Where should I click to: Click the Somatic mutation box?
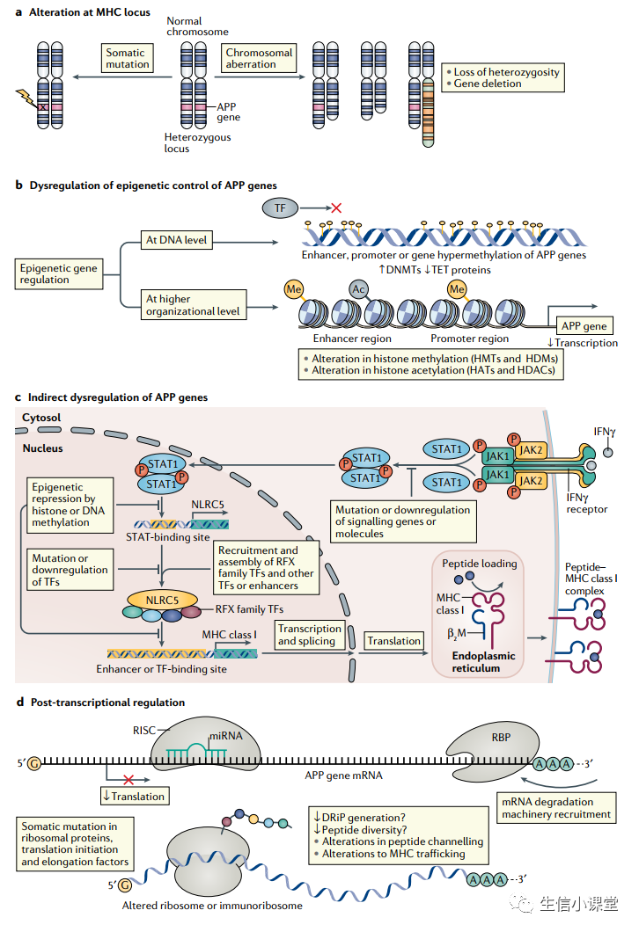pyautogui.click(x=126, y=59)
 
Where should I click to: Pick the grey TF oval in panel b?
pyautogui.click(x=280, y=208)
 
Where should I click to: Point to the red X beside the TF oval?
pyautogui.click(x=334, y=208)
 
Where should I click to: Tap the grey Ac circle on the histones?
pyautogui.click(x=359, y=289)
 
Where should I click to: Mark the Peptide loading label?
pyautogui.click(x=479, y=564)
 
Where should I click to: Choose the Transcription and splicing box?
pyautogui.click(x=310, y=634)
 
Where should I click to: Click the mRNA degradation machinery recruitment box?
pyautogui.click(x=556, y=808)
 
